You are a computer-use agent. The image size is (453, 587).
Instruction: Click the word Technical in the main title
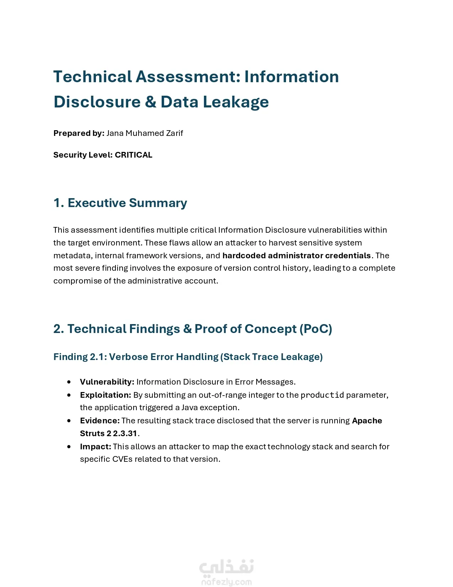(x=93, y=77)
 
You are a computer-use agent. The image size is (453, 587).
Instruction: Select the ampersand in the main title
(x=150, y=102)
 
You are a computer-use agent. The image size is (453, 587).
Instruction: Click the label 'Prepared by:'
(x=79, y=133)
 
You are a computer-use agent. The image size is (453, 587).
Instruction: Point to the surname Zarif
(x=174, y=133)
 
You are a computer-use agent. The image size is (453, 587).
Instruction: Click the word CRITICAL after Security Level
(x=134, y=155)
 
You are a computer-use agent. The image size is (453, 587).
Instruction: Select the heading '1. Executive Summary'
(x=120, y=203)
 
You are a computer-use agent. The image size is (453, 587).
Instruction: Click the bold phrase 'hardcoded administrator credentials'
(x=296, y=255)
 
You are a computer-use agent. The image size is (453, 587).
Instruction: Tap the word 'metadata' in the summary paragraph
(x=72, y=255)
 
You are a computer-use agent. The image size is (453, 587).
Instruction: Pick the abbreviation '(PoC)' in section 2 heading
(x=316, y=329)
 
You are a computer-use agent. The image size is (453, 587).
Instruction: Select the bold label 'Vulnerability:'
(x=107, y=382)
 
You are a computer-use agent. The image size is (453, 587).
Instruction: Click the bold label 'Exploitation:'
(x=106, y=395)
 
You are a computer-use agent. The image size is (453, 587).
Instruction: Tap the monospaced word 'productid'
(x=322, y=395)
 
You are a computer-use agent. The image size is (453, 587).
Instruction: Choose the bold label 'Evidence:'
(x=100, y=421)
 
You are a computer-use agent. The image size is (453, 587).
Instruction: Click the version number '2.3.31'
(x=125, y=433)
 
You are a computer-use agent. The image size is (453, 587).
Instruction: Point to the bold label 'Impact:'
(x=96, y=446)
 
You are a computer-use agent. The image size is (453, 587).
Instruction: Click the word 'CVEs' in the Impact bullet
(x=122, y=459)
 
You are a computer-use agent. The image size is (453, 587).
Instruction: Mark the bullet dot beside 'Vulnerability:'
(x=69, y=382)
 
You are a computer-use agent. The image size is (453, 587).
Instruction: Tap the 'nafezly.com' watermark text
(x=227, y=582)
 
